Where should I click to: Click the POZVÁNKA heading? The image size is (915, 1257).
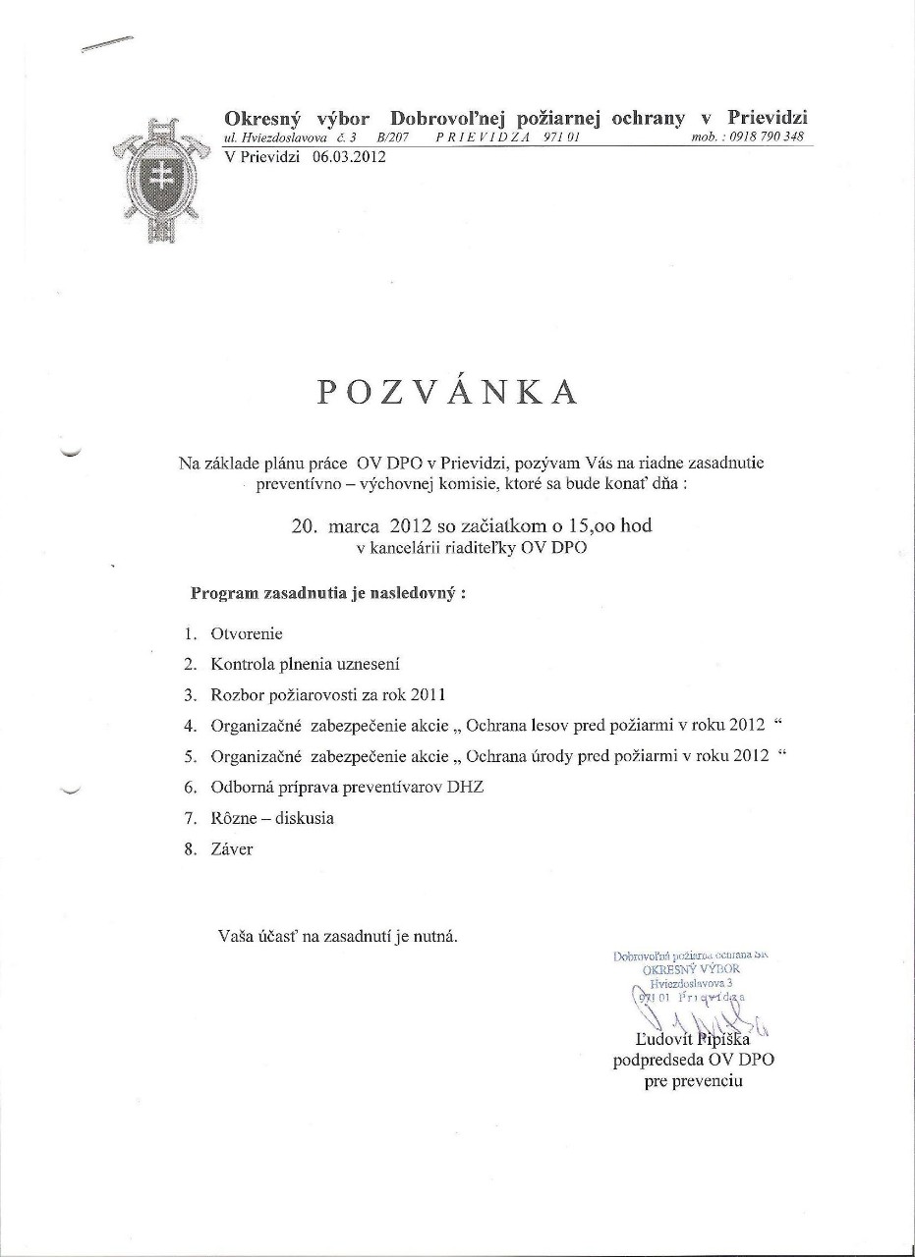[446, 391]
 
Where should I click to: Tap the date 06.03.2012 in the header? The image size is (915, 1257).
[349, 155]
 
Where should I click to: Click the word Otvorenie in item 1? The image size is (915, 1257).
[247, 634]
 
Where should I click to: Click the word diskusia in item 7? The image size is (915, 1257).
[305, 817]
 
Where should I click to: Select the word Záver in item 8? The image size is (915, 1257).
[232, 848]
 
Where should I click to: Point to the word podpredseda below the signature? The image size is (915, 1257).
[655, 1060]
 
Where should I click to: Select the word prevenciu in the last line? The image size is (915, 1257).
[710, 1081]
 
